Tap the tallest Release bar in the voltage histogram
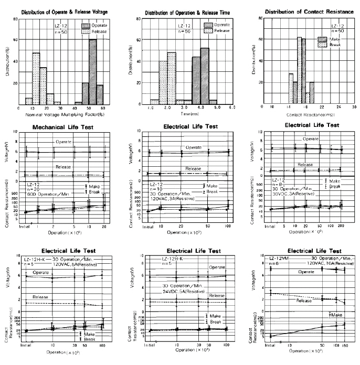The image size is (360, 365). pos(36,78)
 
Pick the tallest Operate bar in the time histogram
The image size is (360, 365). pos(205,75)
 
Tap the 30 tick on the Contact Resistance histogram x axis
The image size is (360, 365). pos(354,107)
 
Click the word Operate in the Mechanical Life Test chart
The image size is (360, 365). pos(64,143)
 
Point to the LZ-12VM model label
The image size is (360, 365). pos(279,260)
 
